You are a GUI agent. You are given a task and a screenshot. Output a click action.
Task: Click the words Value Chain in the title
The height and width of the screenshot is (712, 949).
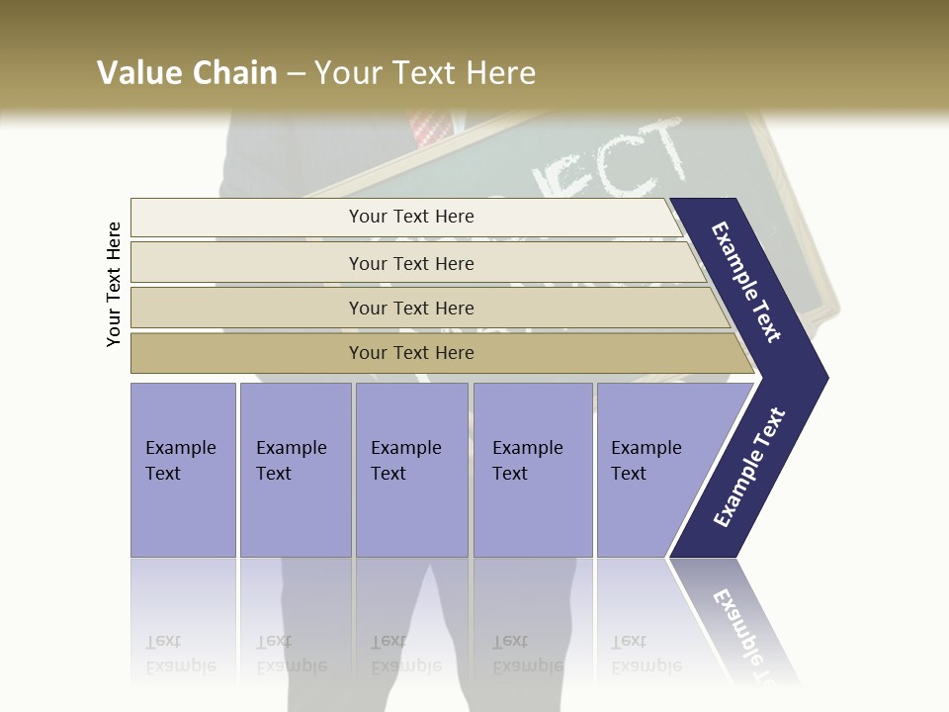(x=187, y=73)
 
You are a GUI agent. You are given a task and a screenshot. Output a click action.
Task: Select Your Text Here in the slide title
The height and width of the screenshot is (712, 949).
(x=425, y=73)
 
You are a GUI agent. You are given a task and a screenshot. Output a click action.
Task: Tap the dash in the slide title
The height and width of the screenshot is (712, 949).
(x=296, y=74)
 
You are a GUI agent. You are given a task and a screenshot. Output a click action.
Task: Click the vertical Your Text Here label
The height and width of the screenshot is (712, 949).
(x=114, y=284)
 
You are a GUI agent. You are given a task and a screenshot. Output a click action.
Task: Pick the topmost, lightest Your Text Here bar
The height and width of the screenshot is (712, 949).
(x=410, y=217)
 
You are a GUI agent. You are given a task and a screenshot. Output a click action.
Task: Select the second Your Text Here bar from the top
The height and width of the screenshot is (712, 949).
(x=410, y=263)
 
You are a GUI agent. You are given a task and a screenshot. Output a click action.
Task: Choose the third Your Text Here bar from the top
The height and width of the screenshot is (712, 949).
(x=410, y=308)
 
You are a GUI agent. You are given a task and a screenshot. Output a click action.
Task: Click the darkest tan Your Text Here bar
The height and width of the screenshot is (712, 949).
(x=410, y=353)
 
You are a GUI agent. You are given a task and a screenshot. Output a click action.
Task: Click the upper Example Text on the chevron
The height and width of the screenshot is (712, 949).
(x=746, y=282)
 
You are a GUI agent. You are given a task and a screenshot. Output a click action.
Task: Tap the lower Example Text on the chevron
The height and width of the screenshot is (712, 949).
(x=749, y=467)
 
